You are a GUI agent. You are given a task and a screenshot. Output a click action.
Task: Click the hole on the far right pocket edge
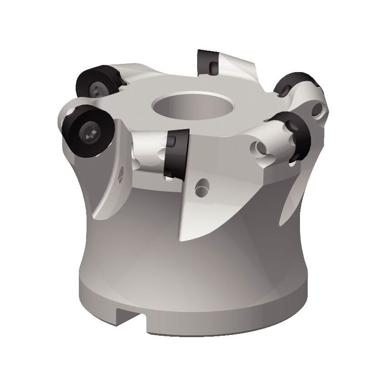(320, 108)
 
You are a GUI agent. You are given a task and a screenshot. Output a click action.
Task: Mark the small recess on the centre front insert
(173, 142)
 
